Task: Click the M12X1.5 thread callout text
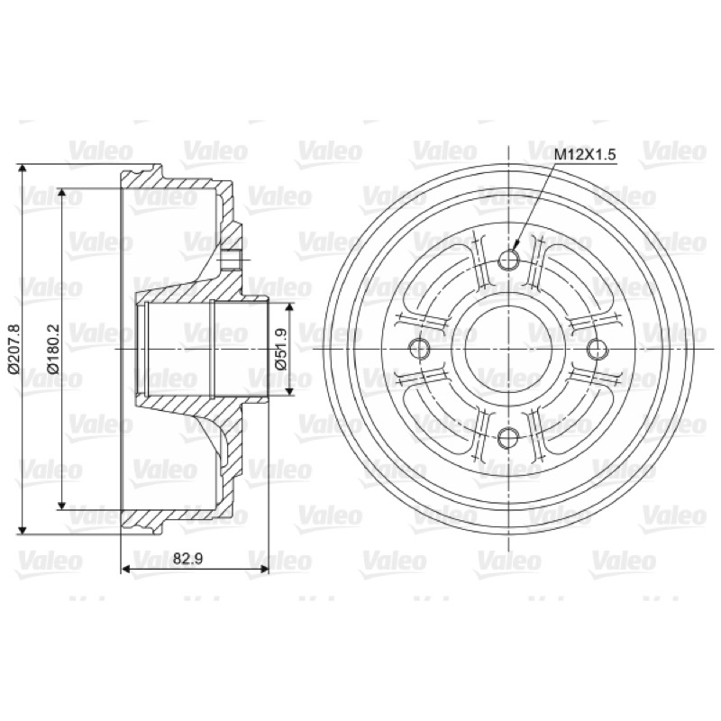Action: point(584,154)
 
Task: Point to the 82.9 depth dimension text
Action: point(188,558)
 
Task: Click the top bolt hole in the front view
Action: point(508,260)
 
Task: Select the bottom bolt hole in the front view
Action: point(508,437)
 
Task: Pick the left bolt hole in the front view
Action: point(419,349)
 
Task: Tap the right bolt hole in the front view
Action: point(598,349)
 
